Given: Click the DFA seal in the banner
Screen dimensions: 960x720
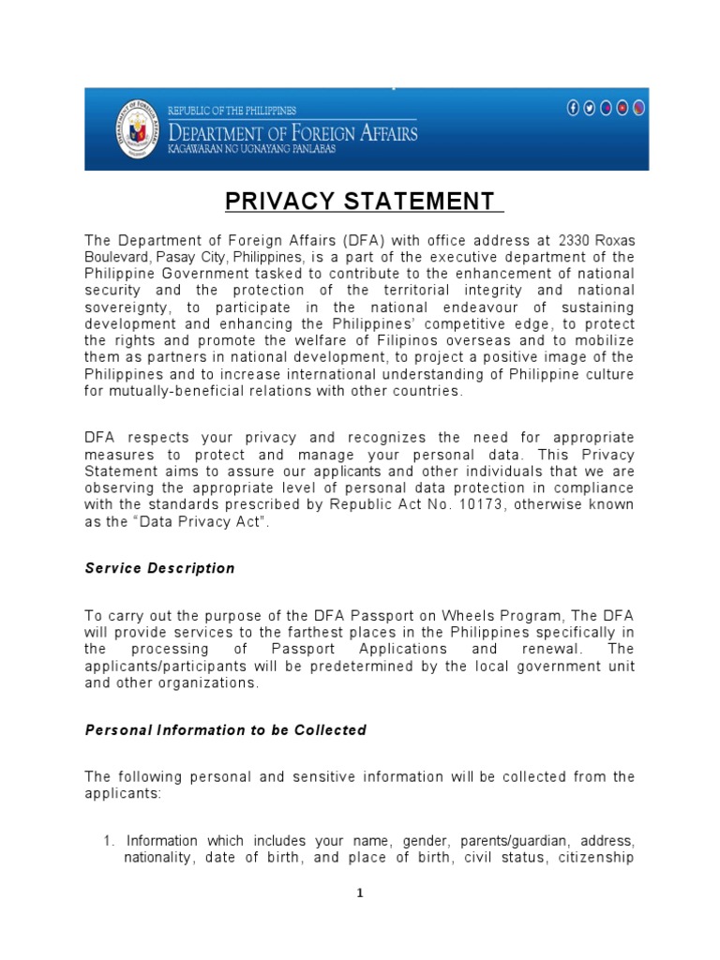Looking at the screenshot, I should click(x=138, y=128).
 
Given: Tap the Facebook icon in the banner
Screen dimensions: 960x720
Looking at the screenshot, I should click(x=574, y=108).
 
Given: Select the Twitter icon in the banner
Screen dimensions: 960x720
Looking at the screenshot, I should click(x=590, y=108).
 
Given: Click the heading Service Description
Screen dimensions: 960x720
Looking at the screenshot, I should click(x=159, y=568).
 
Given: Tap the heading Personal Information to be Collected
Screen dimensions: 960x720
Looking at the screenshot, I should click(x=225, y=729).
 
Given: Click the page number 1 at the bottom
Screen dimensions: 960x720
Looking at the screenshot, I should click(x=359, y=893).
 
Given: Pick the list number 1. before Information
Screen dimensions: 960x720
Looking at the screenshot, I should click(x=109, y=840).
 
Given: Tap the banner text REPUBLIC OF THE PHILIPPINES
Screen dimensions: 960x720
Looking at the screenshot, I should click(x=232, y=111).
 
